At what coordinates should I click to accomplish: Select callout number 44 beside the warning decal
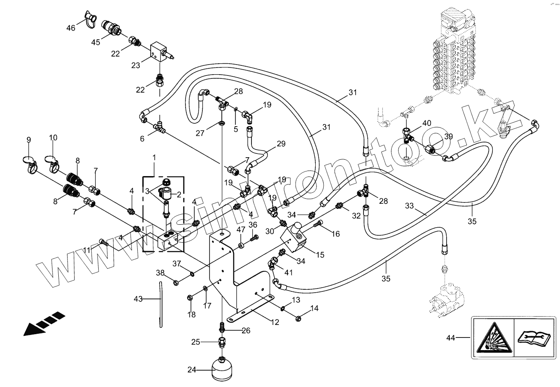(450, 337)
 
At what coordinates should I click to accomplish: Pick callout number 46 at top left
(71, 28)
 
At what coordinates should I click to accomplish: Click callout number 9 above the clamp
(29, 139)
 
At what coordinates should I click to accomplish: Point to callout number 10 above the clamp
(53, 138)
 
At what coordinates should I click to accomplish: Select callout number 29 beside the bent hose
(281, 144)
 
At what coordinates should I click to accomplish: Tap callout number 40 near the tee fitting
(427, 123)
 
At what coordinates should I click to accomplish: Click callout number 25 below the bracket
(195, 342)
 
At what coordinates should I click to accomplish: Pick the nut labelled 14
(299, 318)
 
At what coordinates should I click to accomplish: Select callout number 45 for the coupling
(96, 42)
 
